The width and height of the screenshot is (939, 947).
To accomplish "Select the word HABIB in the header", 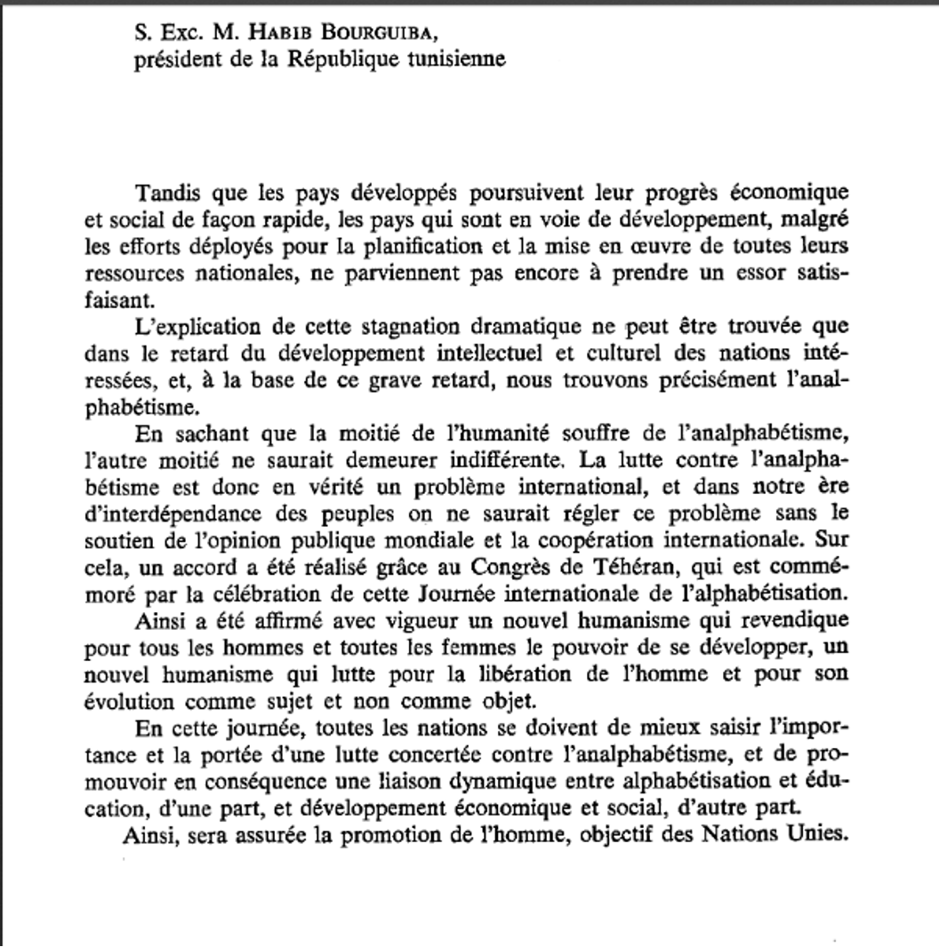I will [x=266, y=35].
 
